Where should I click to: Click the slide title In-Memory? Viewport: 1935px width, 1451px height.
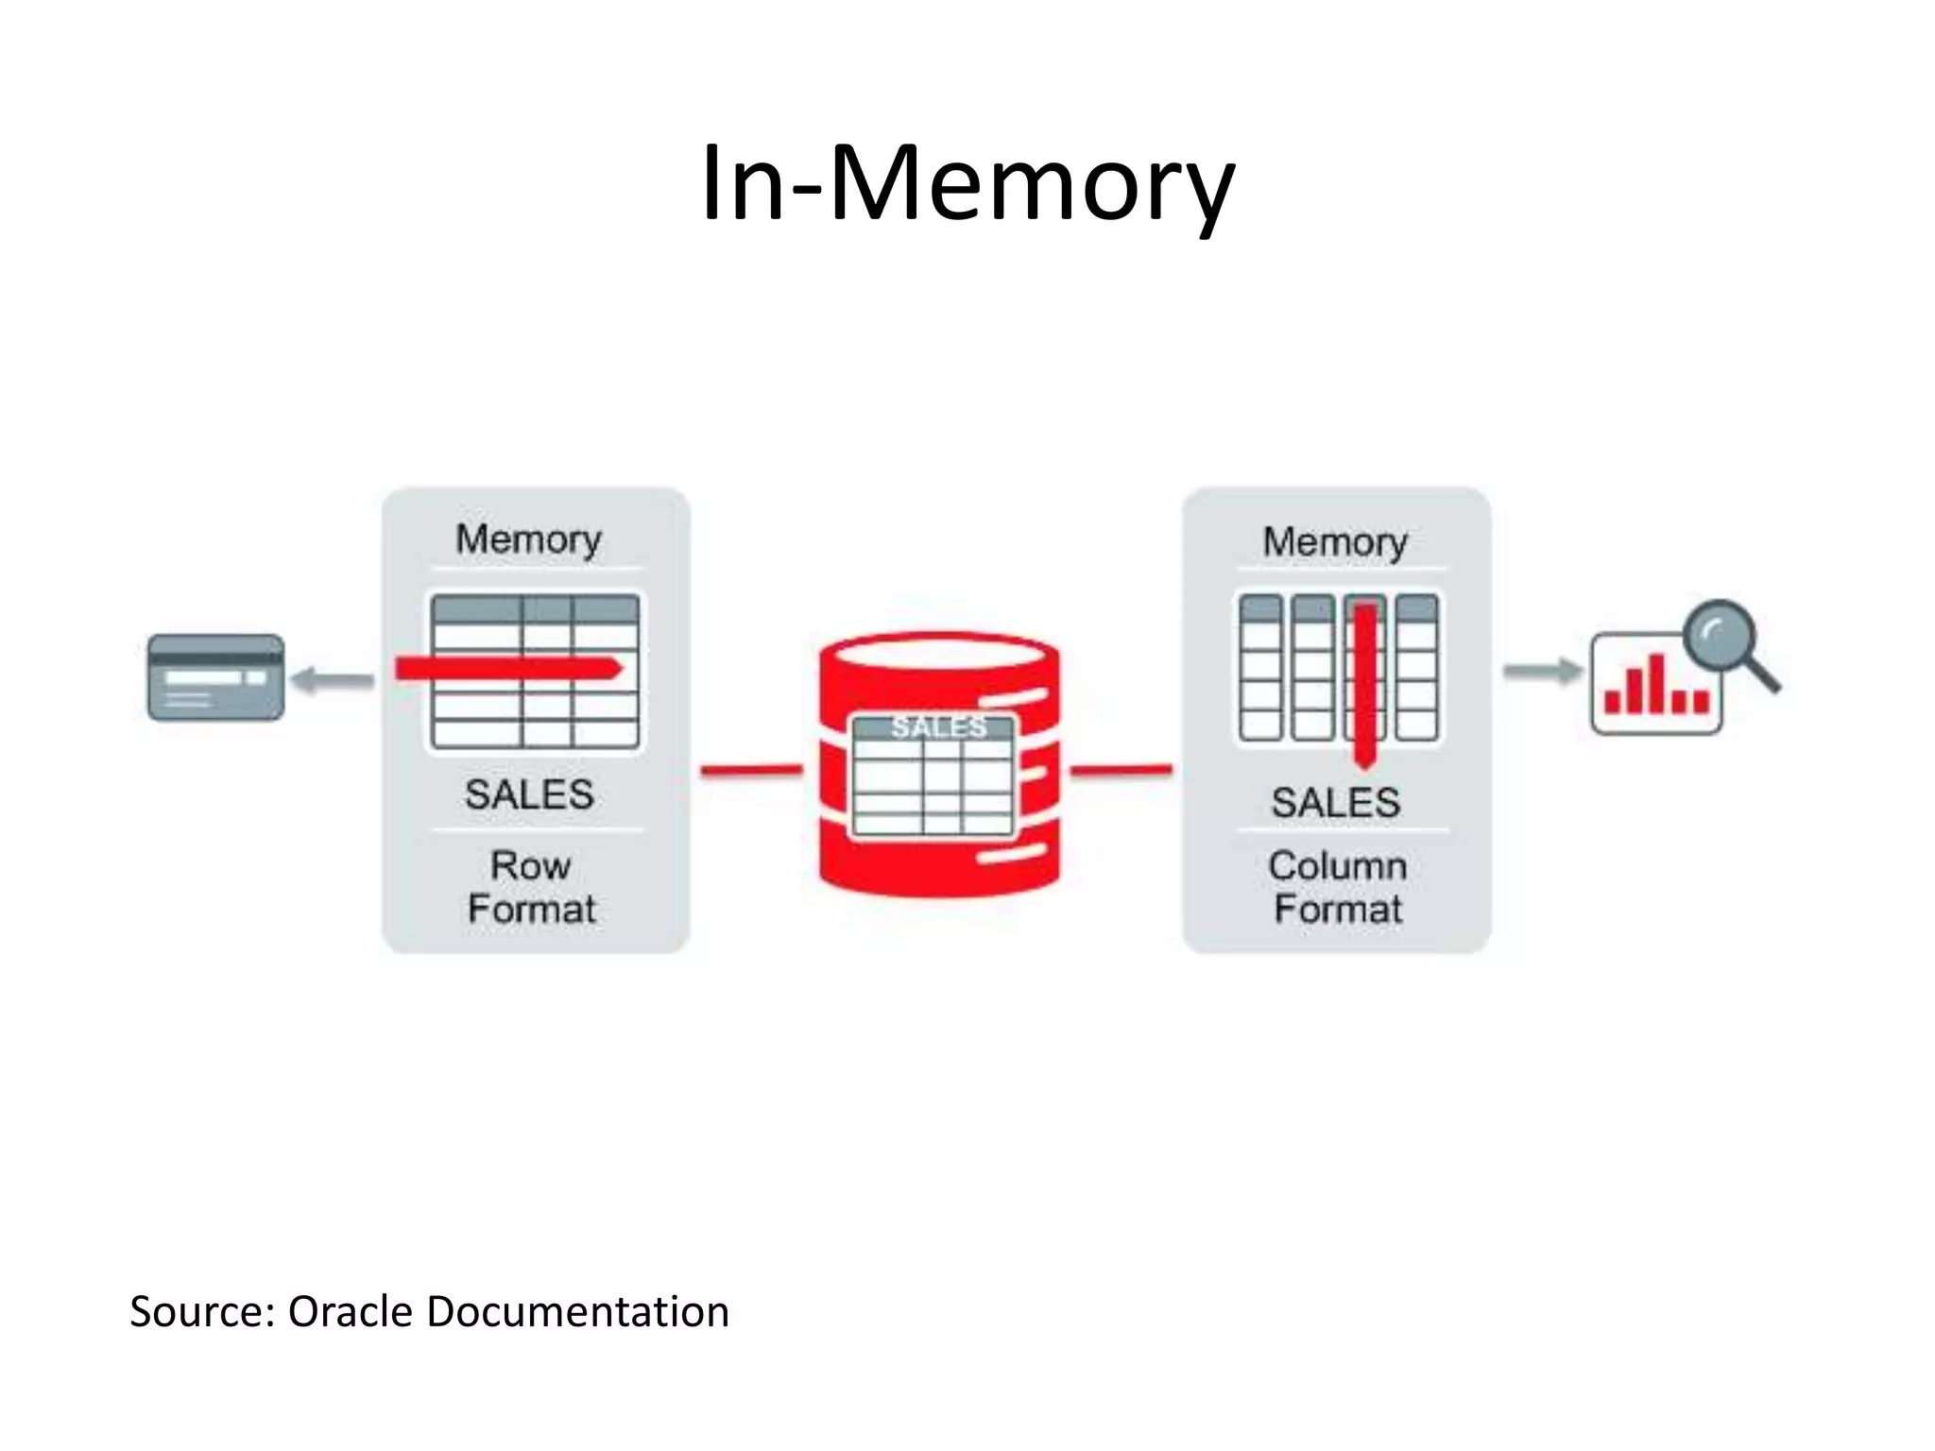967,184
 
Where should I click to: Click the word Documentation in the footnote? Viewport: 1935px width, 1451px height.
577,1312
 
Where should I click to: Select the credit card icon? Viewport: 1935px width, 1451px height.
215,677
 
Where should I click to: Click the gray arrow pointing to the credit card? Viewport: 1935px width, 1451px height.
332,680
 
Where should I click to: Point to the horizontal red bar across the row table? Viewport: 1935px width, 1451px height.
508,669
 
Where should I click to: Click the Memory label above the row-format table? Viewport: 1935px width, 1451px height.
528,540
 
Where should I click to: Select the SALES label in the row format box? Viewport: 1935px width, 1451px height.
529,794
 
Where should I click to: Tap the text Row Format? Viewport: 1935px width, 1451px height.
531,887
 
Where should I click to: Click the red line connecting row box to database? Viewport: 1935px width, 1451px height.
751,771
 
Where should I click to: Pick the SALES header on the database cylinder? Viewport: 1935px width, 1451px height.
938,726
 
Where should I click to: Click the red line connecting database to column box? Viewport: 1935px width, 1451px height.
1122,771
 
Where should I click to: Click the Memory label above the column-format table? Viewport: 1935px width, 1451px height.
1335,542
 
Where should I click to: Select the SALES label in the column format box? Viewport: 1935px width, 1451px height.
1335,803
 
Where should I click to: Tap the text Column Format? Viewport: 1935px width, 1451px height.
1337,887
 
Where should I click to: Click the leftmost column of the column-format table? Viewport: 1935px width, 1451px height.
1259,667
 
